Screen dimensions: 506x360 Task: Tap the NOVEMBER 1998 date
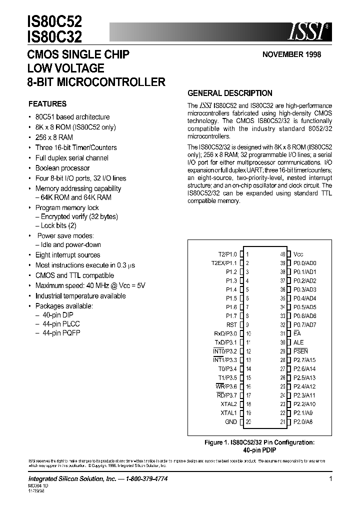tap(291, 55)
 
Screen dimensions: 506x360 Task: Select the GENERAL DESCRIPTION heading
tap(229, 93)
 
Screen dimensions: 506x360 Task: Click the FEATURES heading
tap(47, 104)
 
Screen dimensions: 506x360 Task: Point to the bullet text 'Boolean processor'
tap(62, 168)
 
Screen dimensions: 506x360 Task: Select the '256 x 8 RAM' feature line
tap(54, 137)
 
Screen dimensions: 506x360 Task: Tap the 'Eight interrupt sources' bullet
tap(67, 255)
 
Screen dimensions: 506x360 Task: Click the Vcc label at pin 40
tap(298, 254)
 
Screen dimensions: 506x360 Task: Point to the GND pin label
tap(231, 422)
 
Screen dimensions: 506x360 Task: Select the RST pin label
tap(231, 324)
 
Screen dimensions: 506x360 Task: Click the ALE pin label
tap(299, 342)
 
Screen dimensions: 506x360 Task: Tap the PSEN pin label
tap(301, 351)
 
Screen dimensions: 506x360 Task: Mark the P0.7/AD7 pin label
tap(304, 324)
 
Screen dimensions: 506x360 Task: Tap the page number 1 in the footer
tap(330, 478)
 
